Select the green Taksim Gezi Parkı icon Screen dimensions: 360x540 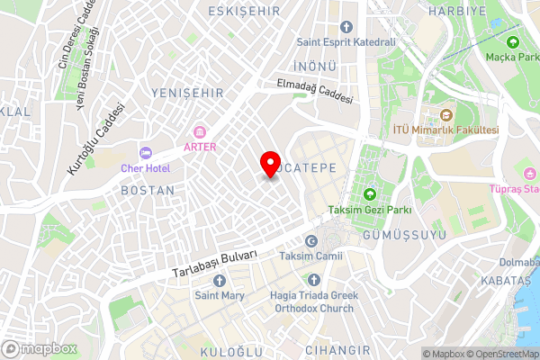click(x=369, y=194)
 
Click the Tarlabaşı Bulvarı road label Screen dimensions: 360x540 click(x=214, y=264)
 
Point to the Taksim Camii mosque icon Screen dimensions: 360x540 click(x=311, y=241)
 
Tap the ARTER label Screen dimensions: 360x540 click(x=200, y=147)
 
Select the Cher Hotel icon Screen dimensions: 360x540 click(x=144, y=152)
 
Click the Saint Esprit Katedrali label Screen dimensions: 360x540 click(x=346, y=41)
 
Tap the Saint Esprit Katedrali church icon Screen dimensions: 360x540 click(x=346, y=26)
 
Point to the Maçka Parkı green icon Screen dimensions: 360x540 click(x=513, y=41)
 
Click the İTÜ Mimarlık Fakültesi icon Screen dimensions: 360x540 click(x=445, y=115)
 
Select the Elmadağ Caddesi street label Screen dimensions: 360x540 click(x=314, y=91)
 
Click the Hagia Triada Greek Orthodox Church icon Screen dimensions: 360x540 click(x=313, y=280)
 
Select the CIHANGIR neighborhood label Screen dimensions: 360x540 click(x=337, y=349)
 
